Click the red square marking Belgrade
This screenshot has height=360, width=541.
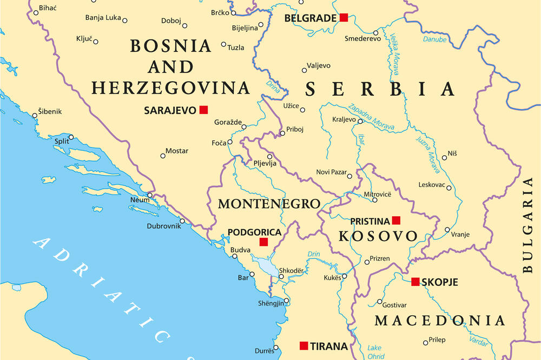click(344, 18)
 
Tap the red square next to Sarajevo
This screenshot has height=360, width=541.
click(203, 110)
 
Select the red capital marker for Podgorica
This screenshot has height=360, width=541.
click(263, 242)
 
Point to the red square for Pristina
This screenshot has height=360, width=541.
click(396, 220)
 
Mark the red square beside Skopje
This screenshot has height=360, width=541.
click(415, 282)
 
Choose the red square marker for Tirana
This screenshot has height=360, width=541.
click(304, 345)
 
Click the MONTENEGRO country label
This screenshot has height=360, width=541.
click(269, 204)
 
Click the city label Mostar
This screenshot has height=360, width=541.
click(177, 151)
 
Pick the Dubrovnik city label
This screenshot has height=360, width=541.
click(163, 226)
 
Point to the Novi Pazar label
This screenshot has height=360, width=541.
click(331, 172)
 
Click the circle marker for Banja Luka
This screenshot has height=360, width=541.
click(125, 21)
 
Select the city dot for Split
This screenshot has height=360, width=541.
click(71, 137)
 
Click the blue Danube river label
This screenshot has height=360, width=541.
click(434, 39)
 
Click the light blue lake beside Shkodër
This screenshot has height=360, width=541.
click(266, 266)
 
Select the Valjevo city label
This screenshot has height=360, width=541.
click(319, 65)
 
